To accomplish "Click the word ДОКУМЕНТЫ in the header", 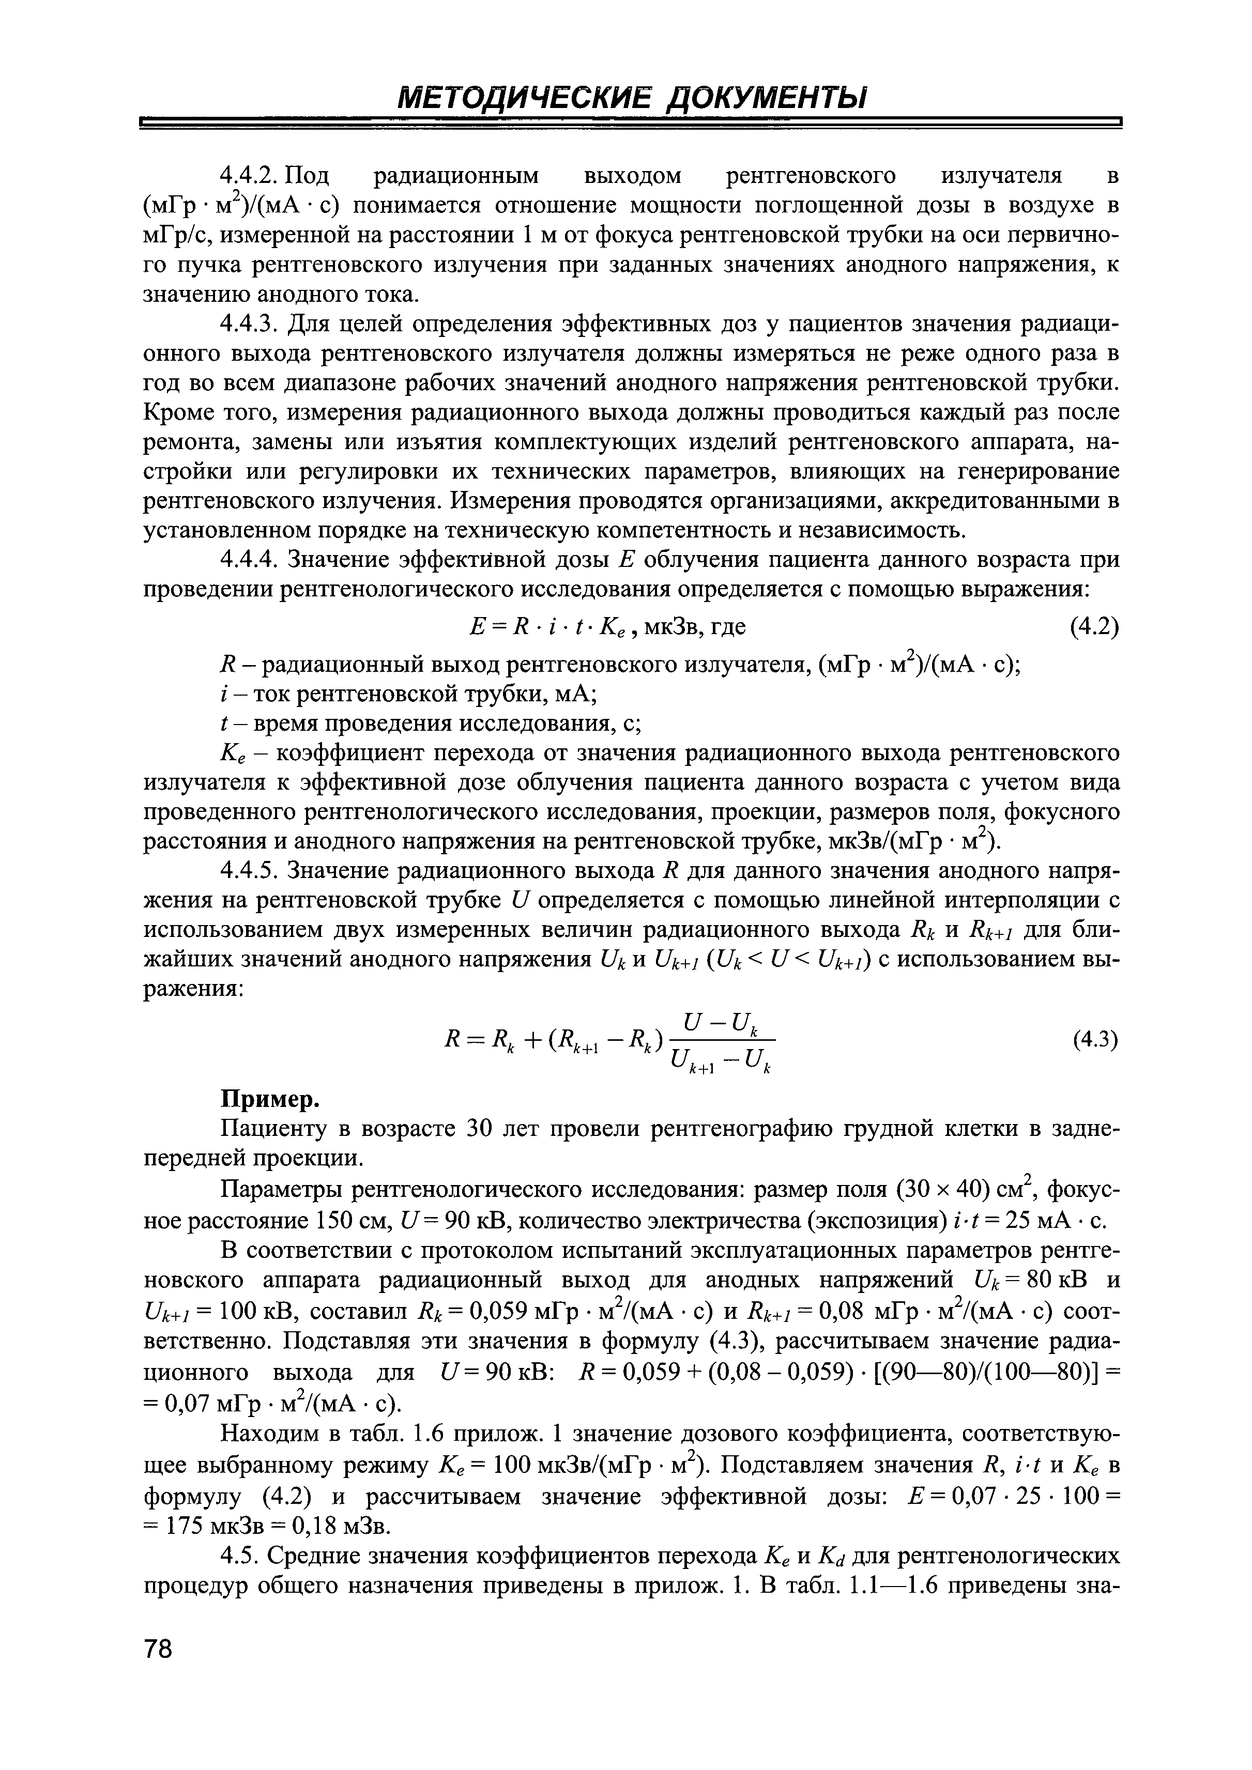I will coord(766,99).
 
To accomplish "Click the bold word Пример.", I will coord(269,1098).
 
